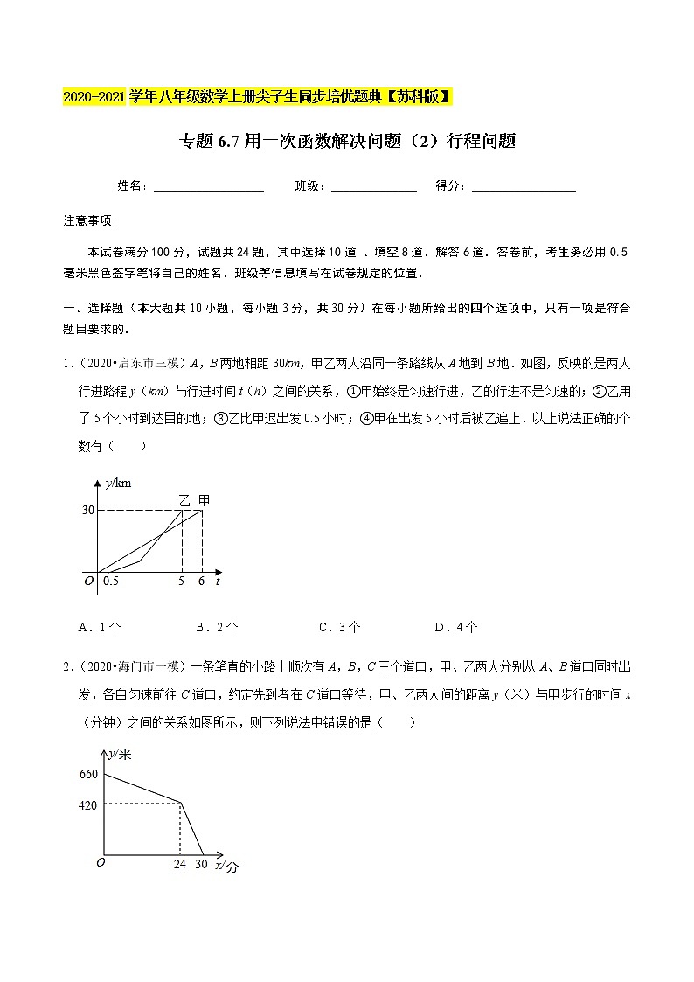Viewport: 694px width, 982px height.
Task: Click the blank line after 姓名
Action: (x=209, y=187)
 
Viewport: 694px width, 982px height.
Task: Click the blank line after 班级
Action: (x=374, y=187)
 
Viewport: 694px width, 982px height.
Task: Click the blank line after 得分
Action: (x=524, y=187)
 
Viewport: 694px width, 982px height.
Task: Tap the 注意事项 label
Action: (x=90, y=219)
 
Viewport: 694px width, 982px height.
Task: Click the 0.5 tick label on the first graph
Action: (x=111, y=581)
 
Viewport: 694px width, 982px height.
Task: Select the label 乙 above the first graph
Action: (x=184, y=500)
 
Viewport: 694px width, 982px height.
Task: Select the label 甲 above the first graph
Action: (x=203, y=500)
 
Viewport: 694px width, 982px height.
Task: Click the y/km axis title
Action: (x=117, y=482)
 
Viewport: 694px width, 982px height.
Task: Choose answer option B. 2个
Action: (x=217, y=627)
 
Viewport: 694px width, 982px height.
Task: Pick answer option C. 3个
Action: (x=339, y=627)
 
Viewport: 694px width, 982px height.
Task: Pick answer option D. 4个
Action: (x=455, y=627)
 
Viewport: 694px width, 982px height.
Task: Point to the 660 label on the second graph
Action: (x=87, y=774)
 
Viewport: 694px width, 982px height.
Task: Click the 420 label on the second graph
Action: (x=87, y=805)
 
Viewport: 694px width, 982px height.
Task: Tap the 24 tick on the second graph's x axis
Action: (x=180, y=864)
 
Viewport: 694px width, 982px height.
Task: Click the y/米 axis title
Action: (x=120, y=753)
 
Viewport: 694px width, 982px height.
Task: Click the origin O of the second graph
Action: (x=101, y=862)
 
